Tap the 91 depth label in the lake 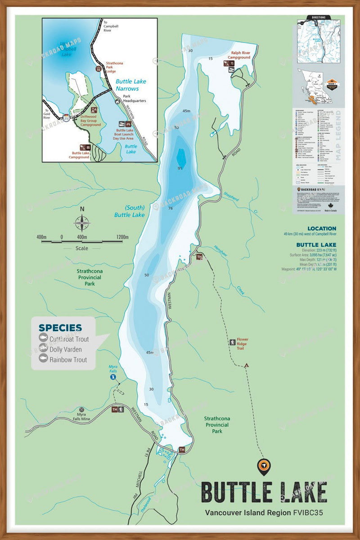180,169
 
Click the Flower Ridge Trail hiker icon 232,342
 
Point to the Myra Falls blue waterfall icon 113,377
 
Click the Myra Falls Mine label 81,417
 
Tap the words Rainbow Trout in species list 68,360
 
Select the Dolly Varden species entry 66,349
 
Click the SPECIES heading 60,328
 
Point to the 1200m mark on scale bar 122,237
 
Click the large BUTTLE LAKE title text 264,492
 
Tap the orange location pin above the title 263,467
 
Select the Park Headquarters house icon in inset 117,101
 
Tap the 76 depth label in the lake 171,208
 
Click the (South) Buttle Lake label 129,211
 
